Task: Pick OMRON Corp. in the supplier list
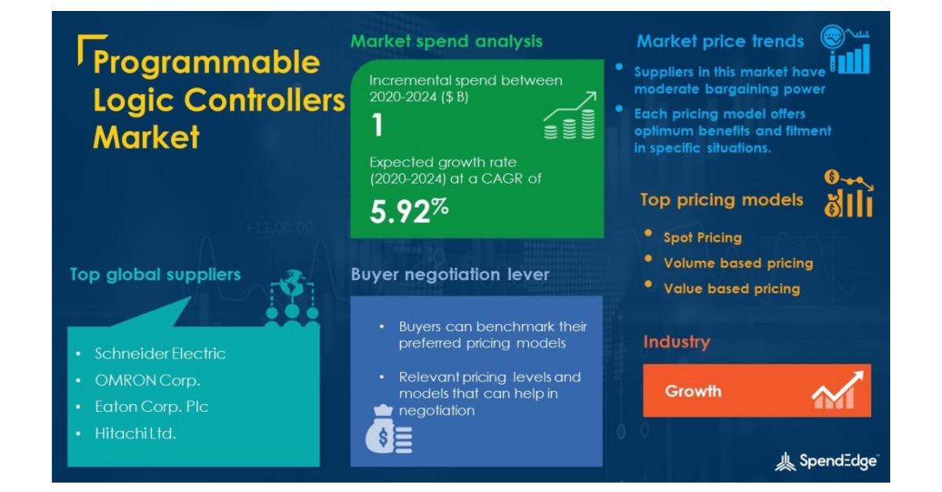click(x=148, y=381)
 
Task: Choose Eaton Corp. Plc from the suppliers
click(x=152, y=406)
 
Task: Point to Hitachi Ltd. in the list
click(x=135, y=432)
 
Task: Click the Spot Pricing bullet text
click(x=702, y=237)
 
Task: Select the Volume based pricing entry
click(x=737, y=263)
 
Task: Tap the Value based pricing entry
click(x=731, y=289)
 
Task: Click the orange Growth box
click(x=757, y=391)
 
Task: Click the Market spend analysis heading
click(x=446, y=41)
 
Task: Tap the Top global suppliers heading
click(x=155, y=275)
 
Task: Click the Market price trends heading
click(x=720, y=42)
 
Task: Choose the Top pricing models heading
click(x=721, y=200)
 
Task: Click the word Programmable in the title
click(x=206, y=63)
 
